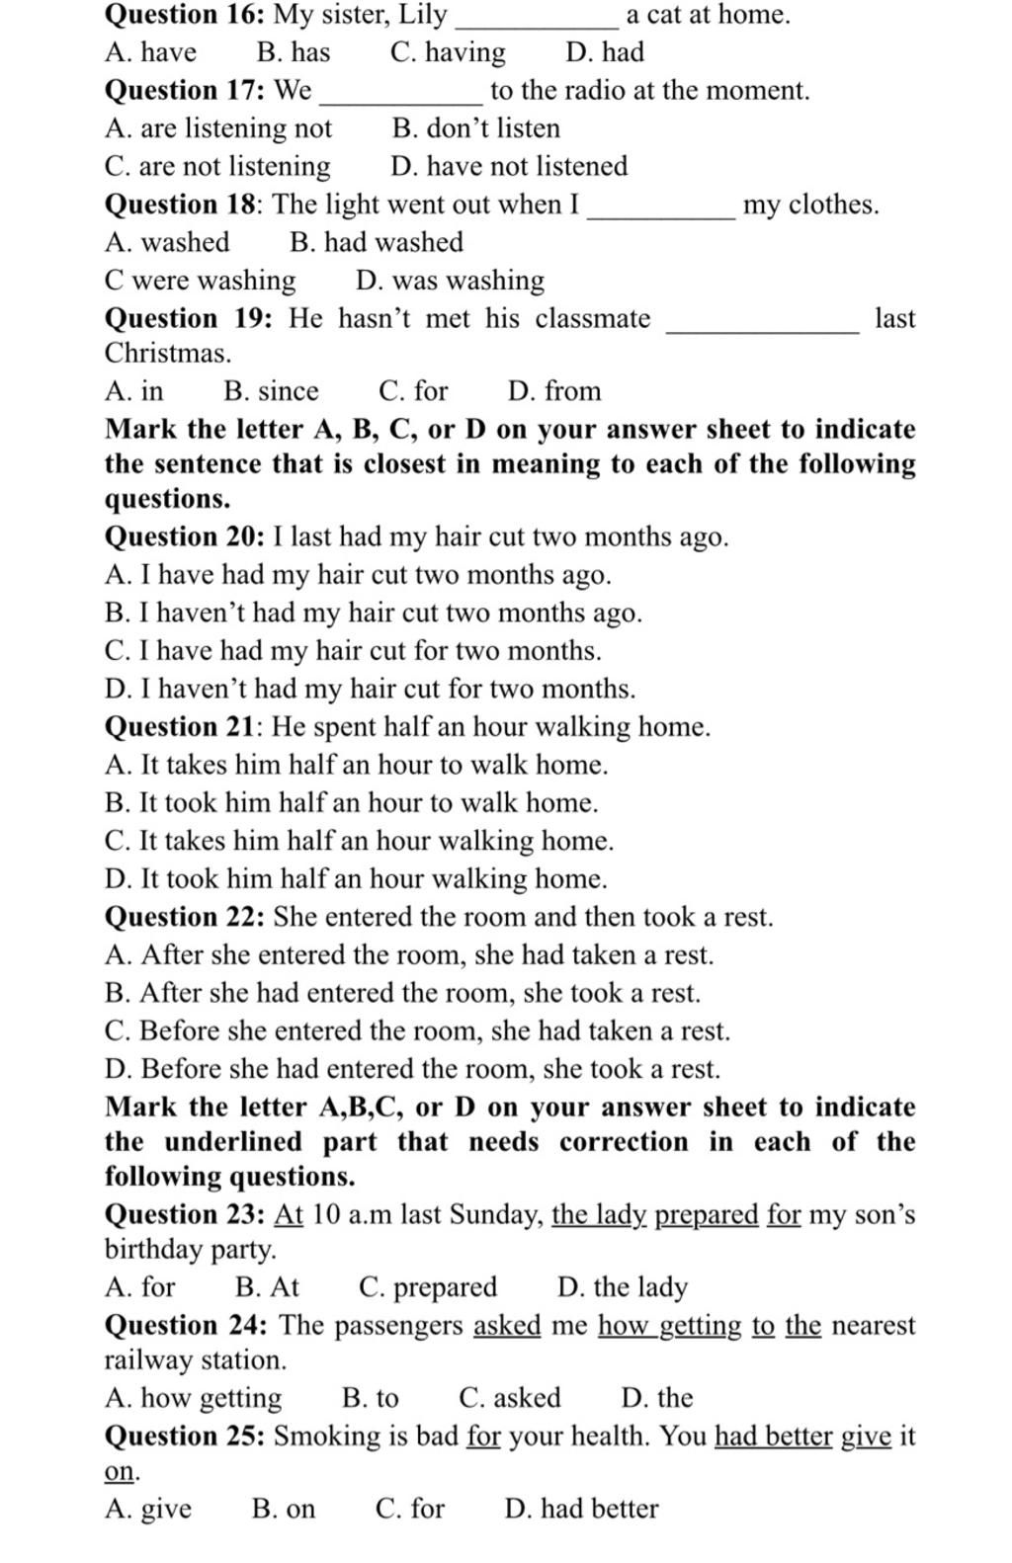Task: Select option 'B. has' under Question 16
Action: tap(293, 52)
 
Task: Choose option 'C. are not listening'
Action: tap(217, 166)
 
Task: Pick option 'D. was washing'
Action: tap(450, 281)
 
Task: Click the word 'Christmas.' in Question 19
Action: tap(168, 353)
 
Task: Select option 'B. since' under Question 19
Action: tap(271, 391)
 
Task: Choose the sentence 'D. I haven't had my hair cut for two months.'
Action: tap(370, 689)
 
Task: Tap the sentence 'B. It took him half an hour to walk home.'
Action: tap(351, 802)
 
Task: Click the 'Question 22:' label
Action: tap(185, 917)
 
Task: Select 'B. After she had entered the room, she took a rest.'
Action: tap(402, 993)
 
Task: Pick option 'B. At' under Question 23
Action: tap(267, 1287)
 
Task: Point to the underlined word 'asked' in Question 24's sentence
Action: tap(507, 1325)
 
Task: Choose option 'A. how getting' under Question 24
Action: tap(193, 1398)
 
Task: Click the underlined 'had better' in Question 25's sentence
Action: tap(773, 1436)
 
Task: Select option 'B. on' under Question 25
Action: tap(283, 1509)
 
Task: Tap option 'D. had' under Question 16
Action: tap(604, 52)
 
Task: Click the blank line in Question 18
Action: tap(660, 213)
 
